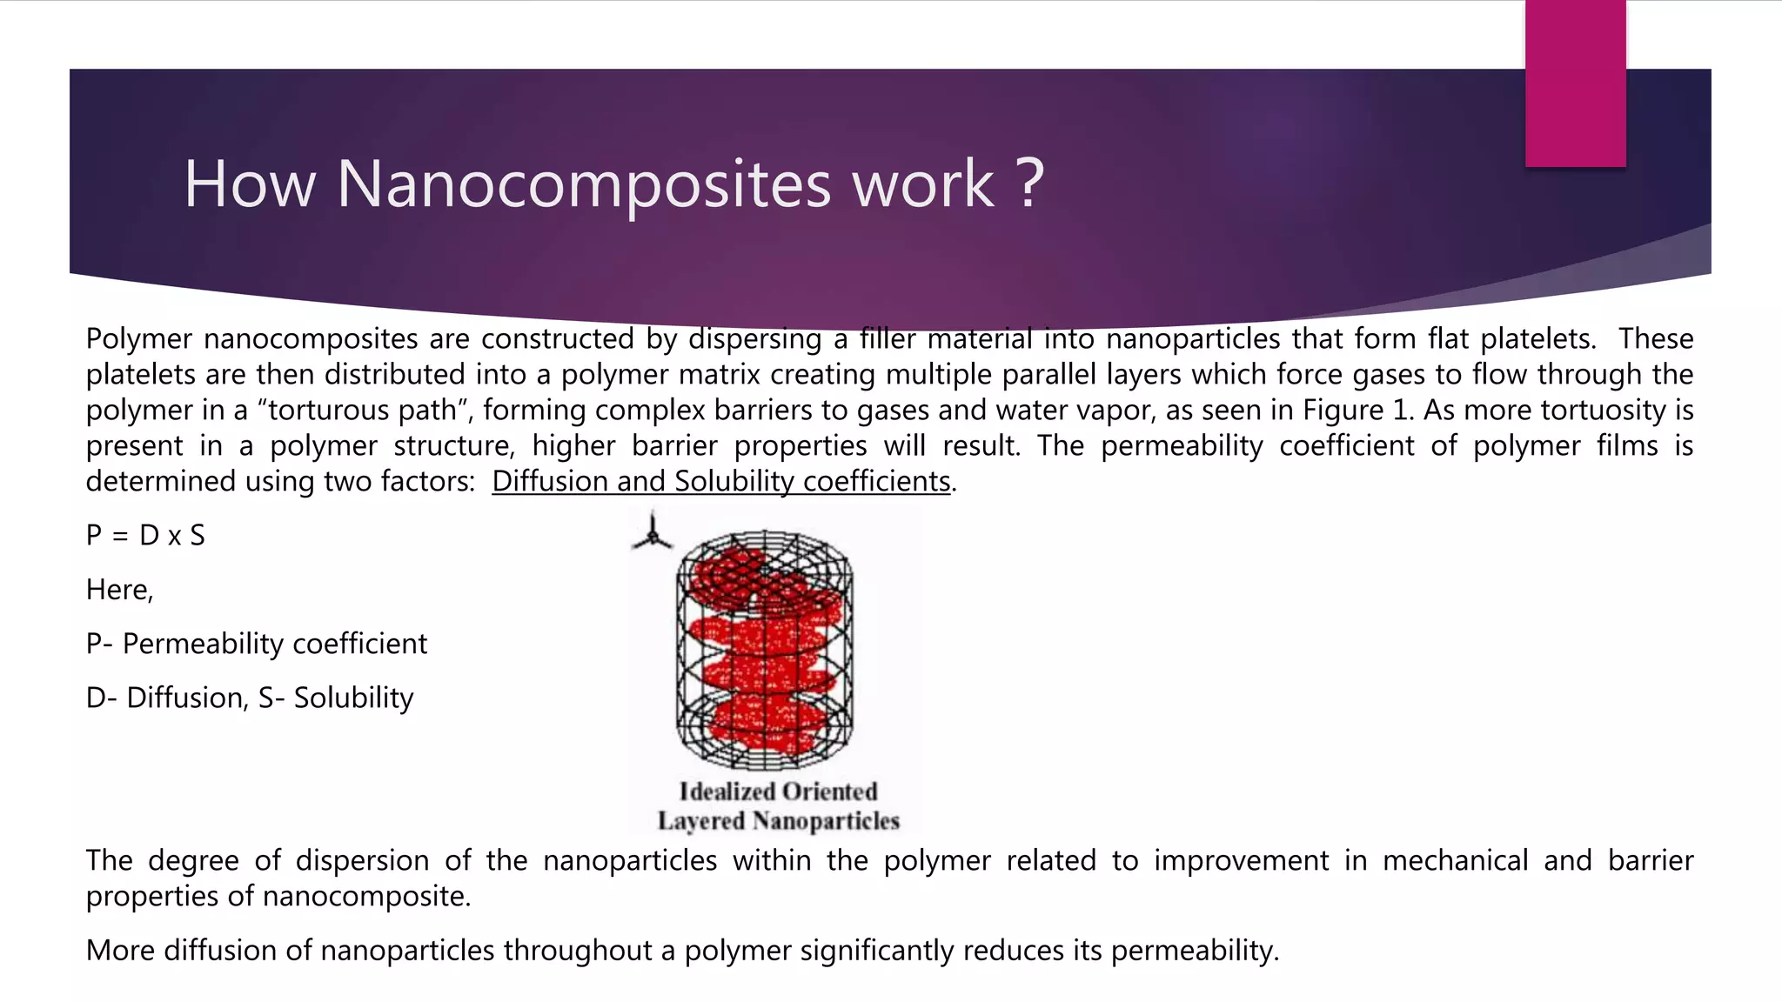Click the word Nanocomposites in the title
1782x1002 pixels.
tap(583, 184)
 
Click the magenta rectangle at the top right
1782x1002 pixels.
tap(1575, 83)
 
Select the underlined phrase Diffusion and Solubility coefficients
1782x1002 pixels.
tap(721, 481)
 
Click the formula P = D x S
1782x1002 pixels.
tap(145, 535)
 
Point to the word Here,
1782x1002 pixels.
tap(119, 590)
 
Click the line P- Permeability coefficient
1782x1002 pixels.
tap(257, 644)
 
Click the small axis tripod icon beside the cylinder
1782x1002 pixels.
tap(652, 534)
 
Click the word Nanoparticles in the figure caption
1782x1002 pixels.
tap(826, 821)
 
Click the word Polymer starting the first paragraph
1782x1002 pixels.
tap(138, 338)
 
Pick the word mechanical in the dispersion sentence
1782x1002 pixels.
tap(1455, 860)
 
